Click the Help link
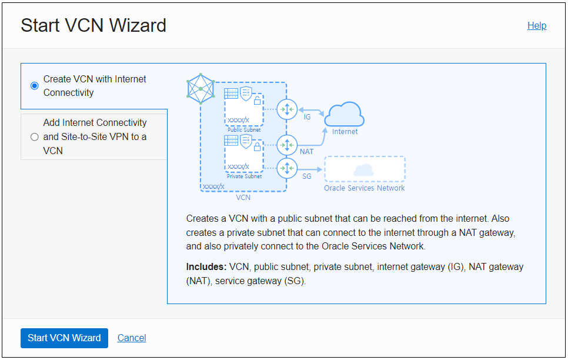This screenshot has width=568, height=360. click(x=536, y=26)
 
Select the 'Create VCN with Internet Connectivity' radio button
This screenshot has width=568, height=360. click(x=35, y=86)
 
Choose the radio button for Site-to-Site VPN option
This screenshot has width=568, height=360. click(x=35, y=137)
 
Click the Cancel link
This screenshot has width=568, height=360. click(x=132, y=338)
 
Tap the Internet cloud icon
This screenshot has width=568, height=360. click(x=345, y=114)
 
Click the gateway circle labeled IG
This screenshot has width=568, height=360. click(x=288, y=109)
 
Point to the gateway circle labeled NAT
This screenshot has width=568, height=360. click(x=288, y=144)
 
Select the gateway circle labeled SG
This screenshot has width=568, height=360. click(x=288, y=169)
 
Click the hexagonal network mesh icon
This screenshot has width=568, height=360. click(x=201, y=89)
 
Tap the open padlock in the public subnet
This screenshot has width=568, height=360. click(x=257, y=100)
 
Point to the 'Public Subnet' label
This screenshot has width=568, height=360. click(x=244, y=129)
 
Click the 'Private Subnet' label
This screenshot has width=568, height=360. click(x=244, y=176)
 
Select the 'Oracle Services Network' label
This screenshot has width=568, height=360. click(x=365, y=188)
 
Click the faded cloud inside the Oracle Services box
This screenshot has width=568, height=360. click(x=365, y=170)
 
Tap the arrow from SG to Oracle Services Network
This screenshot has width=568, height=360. click(x=310, y=170)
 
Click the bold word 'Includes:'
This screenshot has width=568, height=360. click(x=206, y=267)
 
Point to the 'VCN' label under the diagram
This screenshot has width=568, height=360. click(x=243, y=198)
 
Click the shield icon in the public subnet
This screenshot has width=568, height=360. click(x=246, y=92)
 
